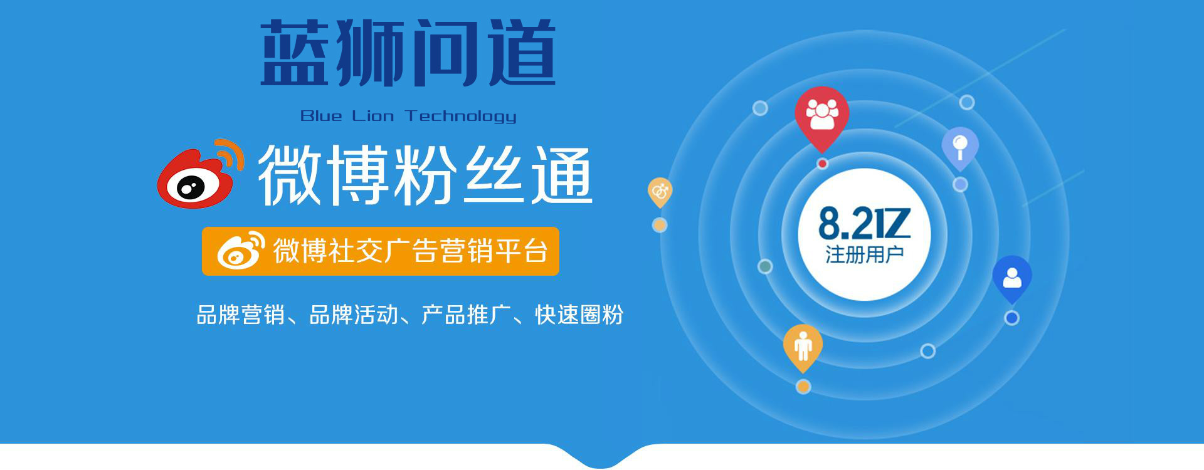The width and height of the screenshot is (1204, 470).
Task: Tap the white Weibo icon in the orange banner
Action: tap(241, 251)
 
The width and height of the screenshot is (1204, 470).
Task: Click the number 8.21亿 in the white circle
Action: tap(864, 224)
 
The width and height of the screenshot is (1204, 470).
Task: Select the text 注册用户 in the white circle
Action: tap(864, 255)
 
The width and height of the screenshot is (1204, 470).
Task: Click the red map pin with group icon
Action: tap(822, 117)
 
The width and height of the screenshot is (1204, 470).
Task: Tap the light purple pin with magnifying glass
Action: tap(960, 147)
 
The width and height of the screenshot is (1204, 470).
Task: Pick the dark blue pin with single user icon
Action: tap(1011, 278)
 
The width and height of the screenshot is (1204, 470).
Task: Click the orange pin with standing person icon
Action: tap(803, 347)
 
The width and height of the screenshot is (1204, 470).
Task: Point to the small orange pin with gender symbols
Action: tap(660, 192)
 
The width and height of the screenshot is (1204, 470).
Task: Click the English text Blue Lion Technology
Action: tap(408, 116)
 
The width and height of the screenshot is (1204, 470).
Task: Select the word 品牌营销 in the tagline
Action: tap(241, 315)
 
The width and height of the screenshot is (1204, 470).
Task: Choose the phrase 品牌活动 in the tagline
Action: tap(354, 315)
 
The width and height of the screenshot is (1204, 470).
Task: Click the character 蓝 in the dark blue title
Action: tap(294, 53)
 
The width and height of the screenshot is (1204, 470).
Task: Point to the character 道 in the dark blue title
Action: tap(522, 53)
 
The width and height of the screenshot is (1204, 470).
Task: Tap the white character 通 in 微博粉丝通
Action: tap(561, 175)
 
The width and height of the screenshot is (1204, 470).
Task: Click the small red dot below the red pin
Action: tap(822, 164)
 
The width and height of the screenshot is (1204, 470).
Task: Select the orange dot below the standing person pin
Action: tap(803, 387)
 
